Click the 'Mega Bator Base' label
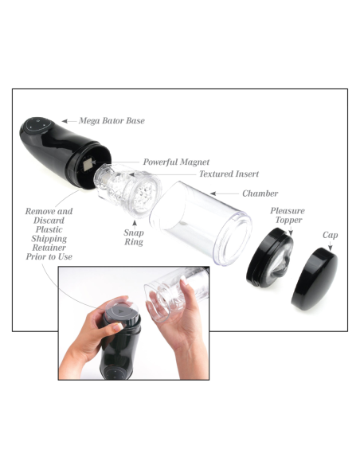[x=112, y=121]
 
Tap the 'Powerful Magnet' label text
[x=176, y=162]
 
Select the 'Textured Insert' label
[x=229, y=174]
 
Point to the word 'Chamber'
[x=260, y=193]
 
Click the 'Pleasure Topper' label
[x=288, y=215]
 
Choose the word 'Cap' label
[x=330, y=235]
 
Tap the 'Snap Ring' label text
[x=134, y=237]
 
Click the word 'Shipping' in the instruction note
[x=49, y=239]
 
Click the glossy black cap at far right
[x=315, y=279]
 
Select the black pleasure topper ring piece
[x=269, y=258]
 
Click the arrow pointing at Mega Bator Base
[x=68, y=121]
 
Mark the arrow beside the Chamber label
[x=225, y=193]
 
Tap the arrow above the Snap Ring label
[x=135, y=225]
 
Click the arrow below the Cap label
[x=330, y=246]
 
